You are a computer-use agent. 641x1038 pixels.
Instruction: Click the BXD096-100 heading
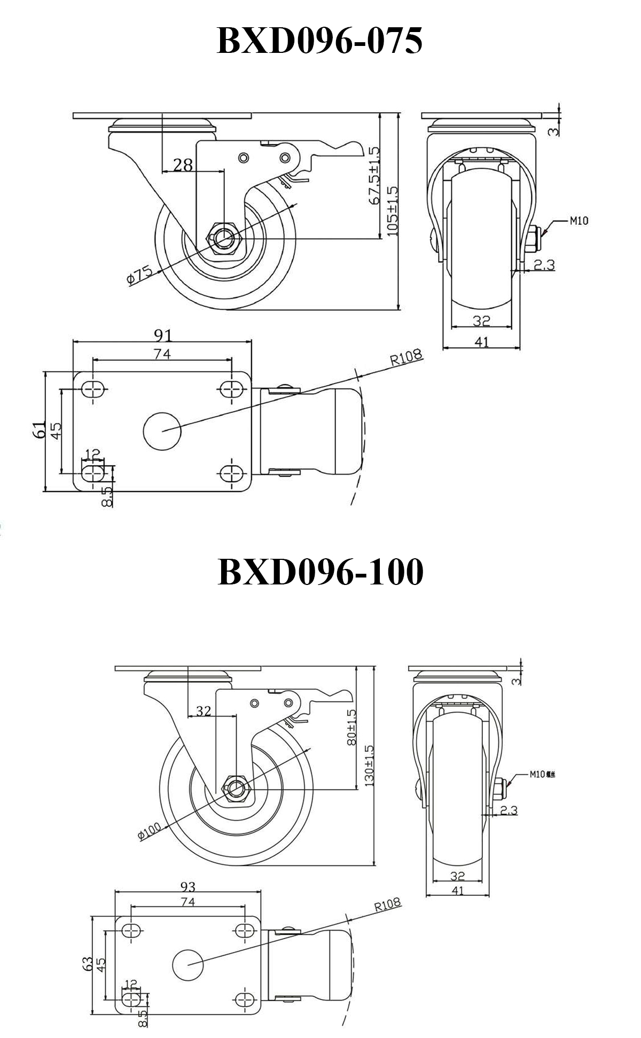coord(320,572)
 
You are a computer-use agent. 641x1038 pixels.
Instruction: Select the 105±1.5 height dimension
coord(393,212)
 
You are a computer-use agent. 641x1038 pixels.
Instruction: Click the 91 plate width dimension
coord(163,335)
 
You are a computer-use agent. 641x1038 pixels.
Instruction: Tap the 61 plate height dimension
coord(38,430)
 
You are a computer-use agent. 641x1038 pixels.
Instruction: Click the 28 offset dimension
coord(183,165)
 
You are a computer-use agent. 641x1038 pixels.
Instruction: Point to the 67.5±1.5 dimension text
coord(373,176)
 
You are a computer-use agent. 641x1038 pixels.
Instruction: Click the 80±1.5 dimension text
coord(351,727)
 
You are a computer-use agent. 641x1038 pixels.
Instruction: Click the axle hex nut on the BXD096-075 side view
coord(224,237)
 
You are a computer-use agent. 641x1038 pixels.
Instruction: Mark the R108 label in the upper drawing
coord(405,357)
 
